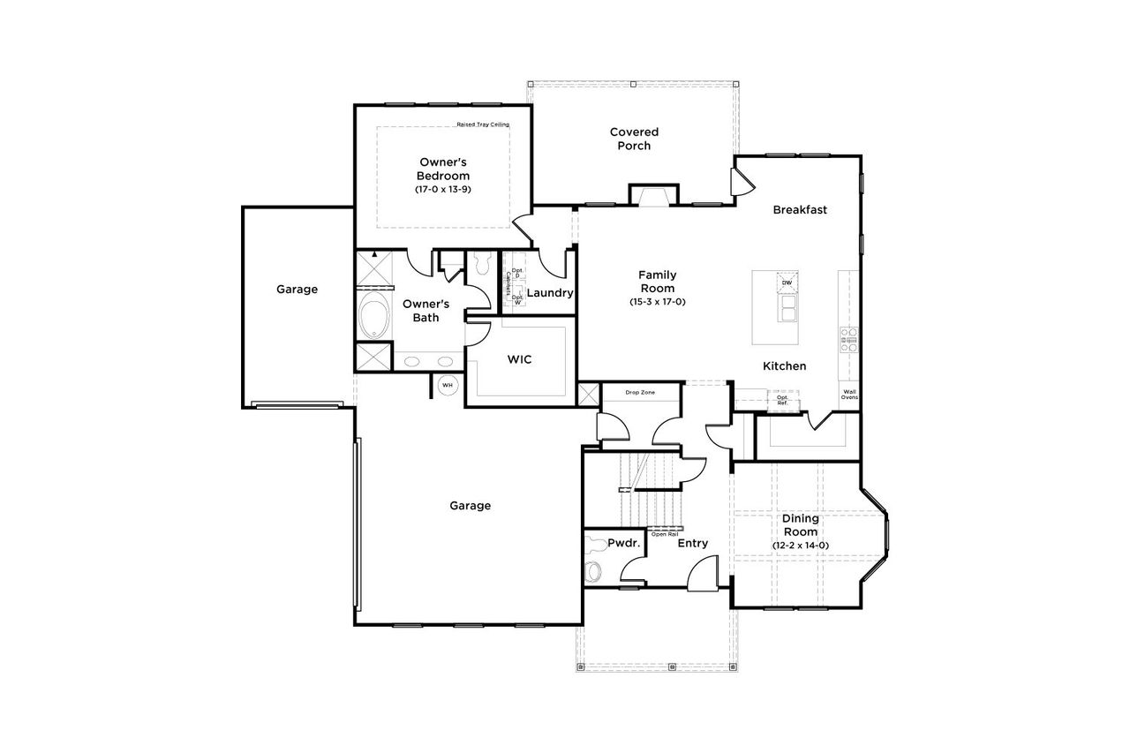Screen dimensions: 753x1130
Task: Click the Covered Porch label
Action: coord(634,139)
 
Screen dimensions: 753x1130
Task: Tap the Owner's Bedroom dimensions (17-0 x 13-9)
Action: coord(442,190)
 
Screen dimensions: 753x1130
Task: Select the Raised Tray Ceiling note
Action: coord(483,124)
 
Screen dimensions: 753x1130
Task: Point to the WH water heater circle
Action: coord(447,385)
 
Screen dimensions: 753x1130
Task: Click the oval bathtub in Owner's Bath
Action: coord(374,316)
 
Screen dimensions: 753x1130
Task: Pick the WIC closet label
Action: coord(518,360)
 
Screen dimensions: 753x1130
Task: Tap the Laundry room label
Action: coord(550,293)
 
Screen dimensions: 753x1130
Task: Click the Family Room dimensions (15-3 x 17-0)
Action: coord(657,302)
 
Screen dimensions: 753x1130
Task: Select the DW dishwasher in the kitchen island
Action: coord(787,282)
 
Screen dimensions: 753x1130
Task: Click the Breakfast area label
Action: coord(800,210)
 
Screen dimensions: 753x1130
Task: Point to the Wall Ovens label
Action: coord(849,395)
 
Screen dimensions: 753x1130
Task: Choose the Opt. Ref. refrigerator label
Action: coord(782,401)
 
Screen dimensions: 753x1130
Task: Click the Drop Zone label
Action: coord(639,392)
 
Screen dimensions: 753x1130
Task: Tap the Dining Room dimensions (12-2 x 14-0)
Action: coord(800,546)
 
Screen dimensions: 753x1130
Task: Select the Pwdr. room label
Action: coord(623,544)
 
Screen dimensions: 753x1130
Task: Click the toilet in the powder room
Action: coord(593,570)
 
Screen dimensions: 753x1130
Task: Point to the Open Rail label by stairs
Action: coord(665,534)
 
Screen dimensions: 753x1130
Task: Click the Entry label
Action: coord(692,544)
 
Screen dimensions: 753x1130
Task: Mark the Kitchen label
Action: coord(784,366)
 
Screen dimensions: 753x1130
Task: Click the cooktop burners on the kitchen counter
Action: coord(849,340)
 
